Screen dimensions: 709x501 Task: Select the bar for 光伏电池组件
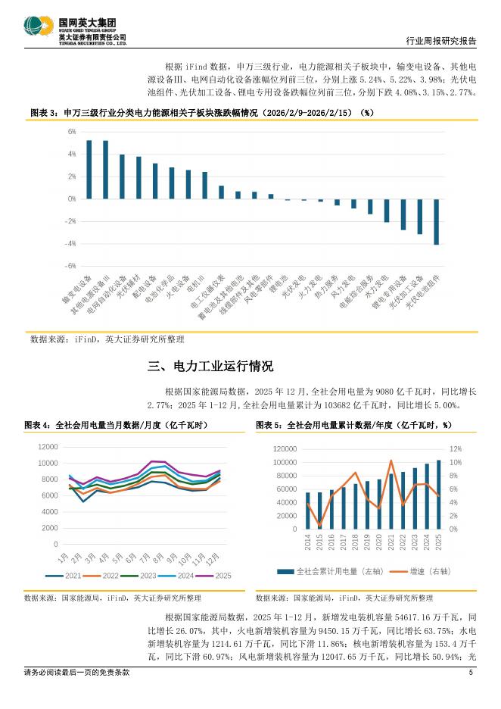(x=436, y=222)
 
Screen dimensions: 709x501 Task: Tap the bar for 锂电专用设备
(x=403, y=214)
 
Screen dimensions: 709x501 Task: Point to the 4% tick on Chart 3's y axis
(x=71, y=154)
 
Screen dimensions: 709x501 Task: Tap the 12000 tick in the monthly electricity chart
(x=47, y=447)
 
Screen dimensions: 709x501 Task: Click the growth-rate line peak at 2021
(x=391, y=461)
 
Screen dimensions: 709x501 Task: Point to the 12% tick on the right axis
(x=456, y=449)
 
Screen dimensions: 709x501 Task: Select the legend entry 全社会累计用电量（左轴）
(x=326, y=572)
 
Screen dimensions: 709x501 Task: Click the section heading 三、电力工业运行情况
(x=210, y=367)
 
